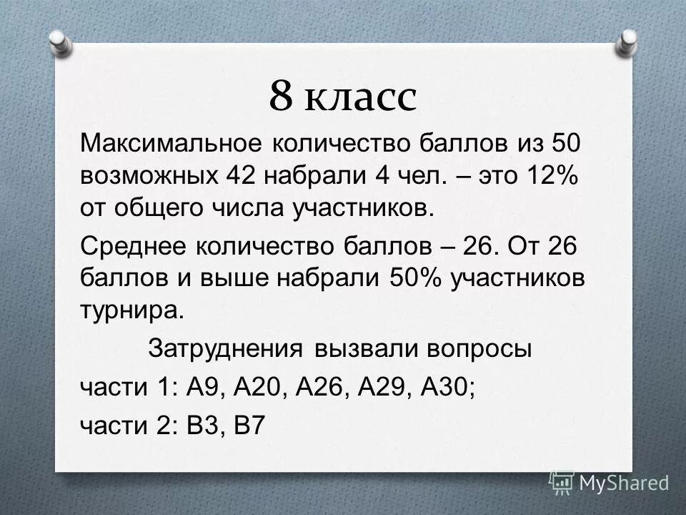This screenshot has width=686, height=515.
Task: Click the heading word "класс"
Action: coord(361,97)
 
